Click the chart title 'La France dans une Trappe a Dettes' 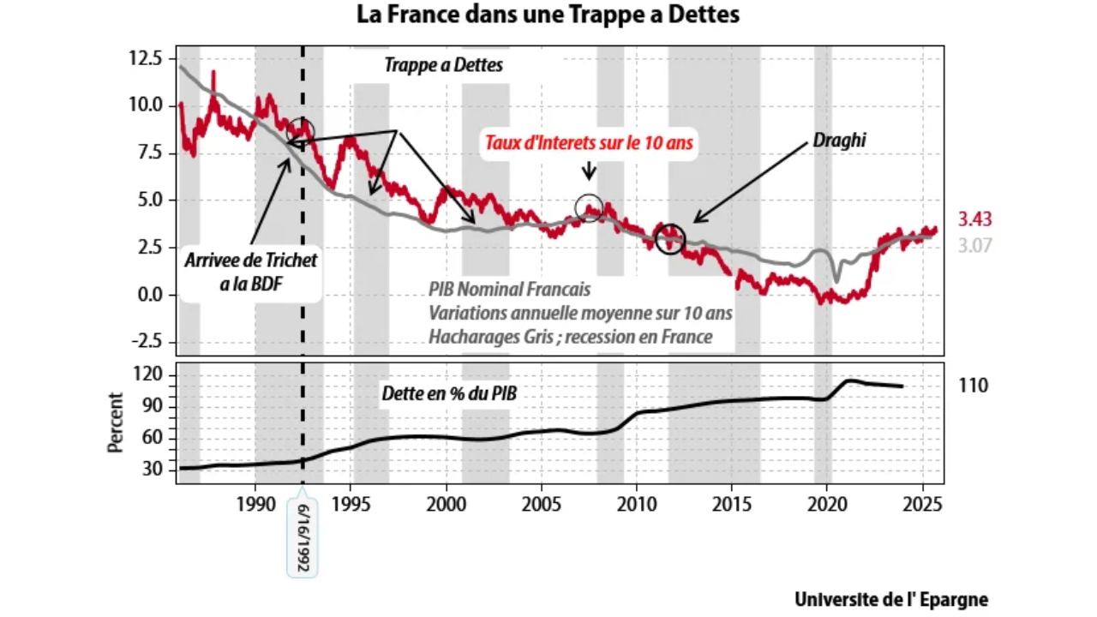click(548, 15)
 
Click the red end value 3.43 click(974, 219)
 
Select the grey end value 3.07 click(974, 246)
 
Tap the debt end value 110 click(973, 386)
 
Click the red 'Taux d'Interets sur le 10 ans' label click(589, 142)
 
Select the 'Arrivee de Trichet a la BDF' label click(251, 271)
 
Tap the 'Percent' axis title click(115, 422)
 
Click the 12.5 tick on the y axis click(147, 58)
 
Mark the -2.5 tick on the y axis click(146, 341)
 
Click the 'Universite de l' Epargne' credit click(890, 599)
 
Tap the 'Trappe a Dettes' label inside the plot click(443, 65)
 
